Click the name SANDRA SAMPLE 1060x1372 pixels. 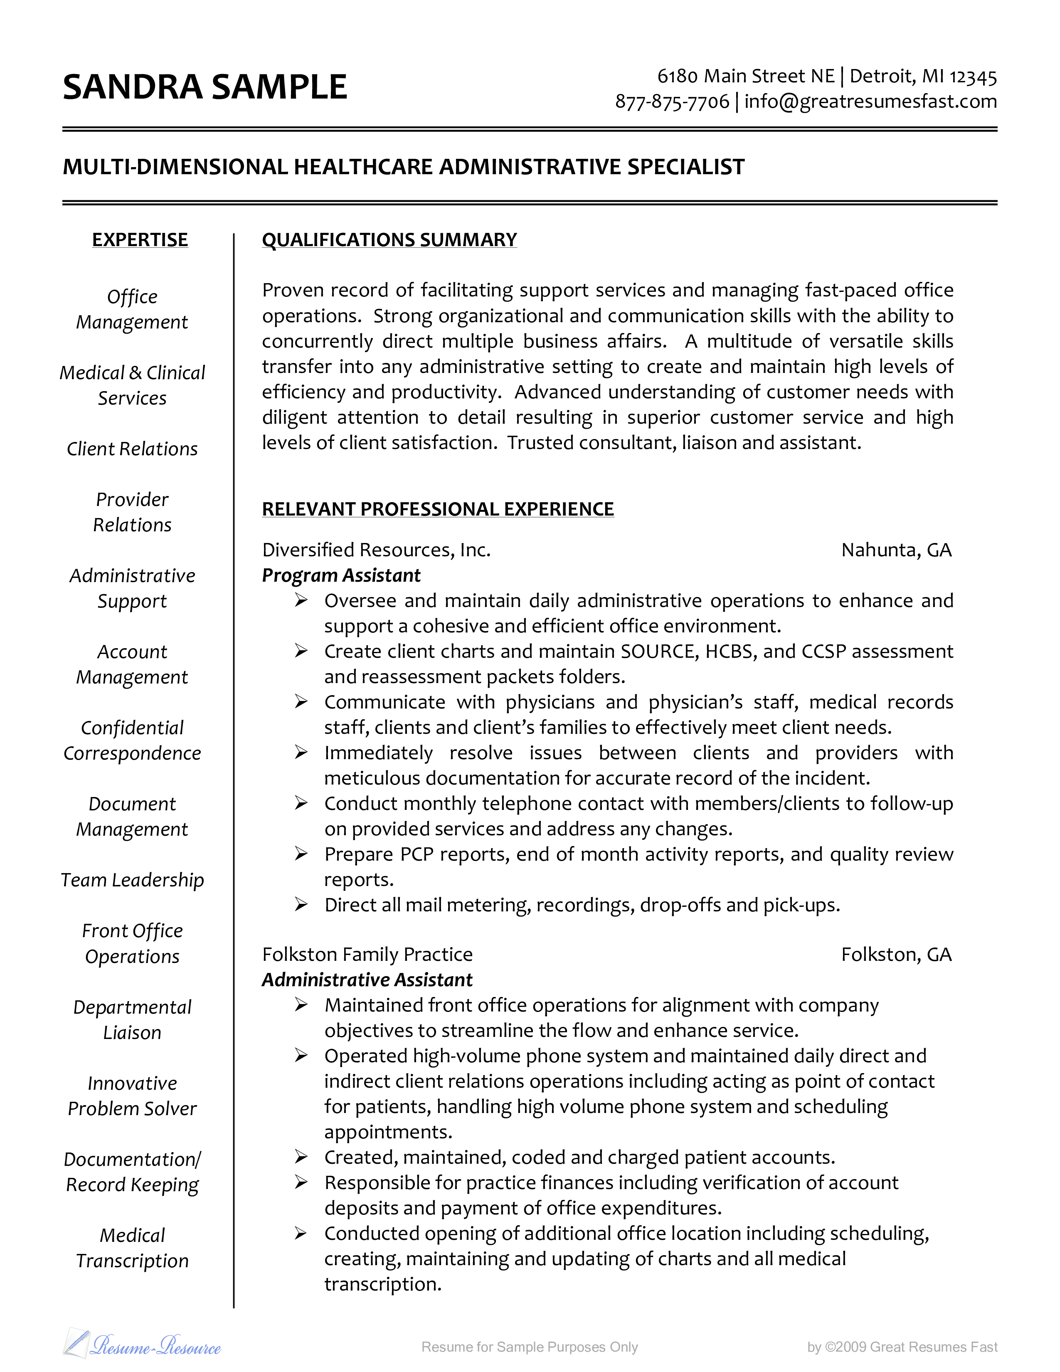(205, 87)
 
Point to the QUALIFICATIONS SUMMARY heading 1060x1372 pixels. (389, 240)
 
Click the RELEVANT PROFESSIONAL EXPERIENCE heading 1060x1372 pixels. (438, 509)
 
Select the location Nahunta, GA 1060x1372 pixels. (896, 550)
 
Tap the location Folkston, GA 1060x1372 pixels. (896, 955)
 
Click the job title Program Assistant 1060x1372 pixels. (341, 575)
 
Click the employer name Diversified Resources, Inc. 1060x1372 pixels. (376, 550)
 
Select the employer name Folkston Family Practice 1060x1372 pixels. (367, 955)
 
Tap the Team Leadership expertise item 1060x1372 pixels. (133, 880)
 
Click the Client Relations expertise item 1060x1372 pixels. (133, 449)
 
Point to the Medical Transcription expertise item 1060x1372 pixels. (133, 1248)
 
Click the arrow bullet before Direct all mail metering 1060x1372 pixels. (301, 905)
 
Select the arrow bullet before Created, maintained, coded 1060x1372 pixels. (301, 1157)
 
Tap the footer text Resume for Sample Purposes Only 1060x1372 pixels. (529, 1347)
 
